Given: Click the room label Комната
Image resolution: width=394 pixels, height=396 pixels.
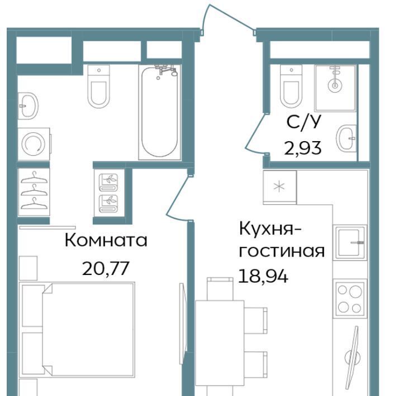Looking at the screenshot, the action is pos(106,240).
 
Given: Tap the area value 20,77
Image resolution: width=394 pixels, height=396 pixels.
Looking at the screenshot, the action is pos(106,268).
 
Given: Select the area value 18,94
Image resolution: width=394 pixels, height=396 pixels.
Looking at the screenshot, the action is pos(263,276).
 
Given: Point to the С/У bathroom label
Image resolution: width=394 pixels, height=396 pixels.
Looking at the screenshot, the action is pos(303,122).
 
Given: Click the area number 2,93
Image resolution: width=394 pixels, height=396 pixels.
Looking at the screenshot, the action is pos(303,148).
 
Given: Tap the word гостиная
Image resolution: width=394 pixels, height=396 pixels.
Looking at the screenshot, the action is pos(282,252).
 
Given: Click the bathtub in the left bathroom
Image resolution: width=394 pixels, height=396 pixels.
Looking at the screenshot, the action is pos(159,112).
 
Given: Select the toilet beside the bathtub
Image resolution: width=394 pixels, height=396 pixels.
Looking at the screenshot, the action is pos(99,86).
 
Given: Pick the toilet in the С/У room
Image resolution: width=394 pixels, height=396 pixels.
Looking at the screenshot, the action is pos(291,86).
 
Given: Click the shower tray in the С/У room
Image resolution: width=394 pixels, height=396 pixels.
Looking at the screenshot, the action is pos(335,88).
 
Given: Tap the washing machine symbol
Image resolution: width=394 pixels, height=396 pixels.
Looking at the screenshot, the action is pos(34,144).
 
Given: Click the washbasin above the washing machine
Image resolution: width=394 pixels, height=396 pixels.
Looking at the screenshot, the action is pos(27,106).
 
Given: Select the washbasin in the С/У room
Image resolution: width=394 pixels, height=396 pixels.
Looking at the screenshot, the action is pos(346,138).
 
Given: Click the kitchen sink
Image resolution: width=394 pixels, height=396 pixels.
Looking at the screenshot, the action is pos(350,243).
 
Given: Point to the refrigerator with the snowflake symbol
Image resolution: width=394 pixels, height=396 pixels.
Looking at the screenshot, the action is pos(279,187).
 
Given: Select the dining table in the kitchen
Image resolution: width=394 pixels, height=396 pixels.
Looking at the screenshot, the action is pos(220,343).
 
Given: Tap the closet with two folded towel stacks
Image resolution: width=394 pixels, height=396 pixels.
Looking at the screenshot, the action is pos(109,193).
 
